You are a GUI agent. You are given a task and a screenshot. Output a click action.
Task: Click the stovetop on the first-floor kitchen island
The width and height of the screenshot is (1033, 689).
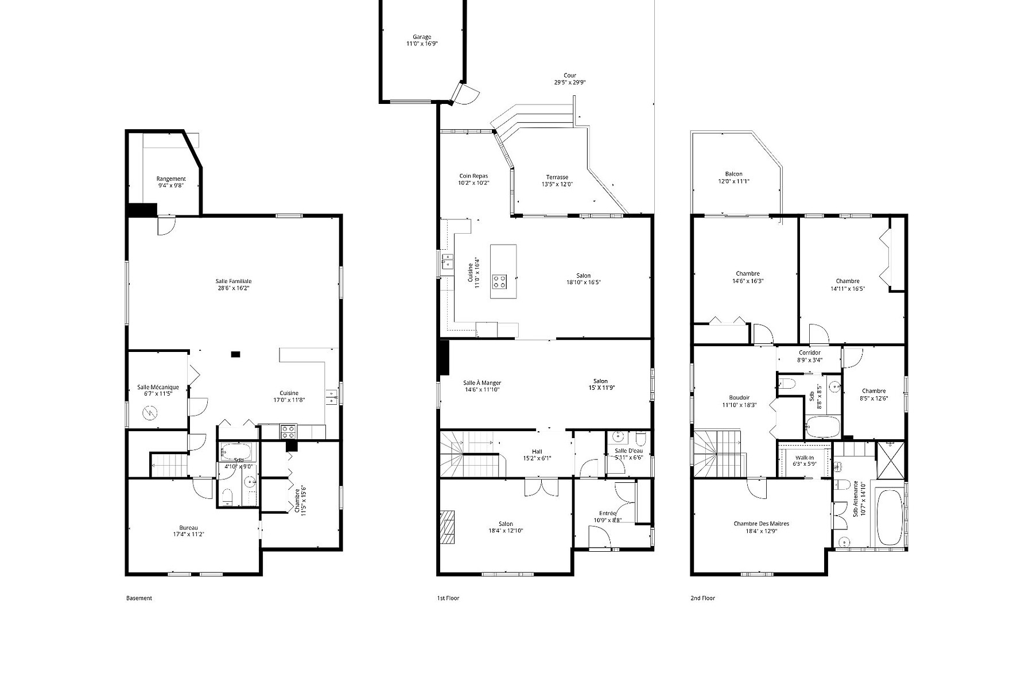[x=499, y=281]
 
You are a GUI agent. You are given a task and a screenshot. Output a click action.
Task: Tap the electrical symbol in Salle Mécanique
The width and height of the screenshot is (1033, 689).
[x=149, y=413]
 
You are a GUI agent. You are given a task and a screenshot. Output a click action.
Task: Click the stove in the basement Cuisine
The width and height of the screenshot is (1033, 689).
[x=288, y=430]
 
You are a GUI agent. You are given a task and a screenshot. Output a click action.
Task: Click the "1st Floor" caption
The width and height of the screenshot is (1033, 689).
[x=448, y=598]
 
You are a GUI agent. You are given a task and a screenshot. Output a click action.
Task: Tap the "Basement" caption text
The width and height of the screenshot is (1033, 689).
[x=139, y=598]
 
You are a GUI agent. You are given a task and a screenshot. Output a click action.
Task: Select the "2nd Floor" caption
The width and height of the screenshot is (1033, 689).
[x=702, y=598]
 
